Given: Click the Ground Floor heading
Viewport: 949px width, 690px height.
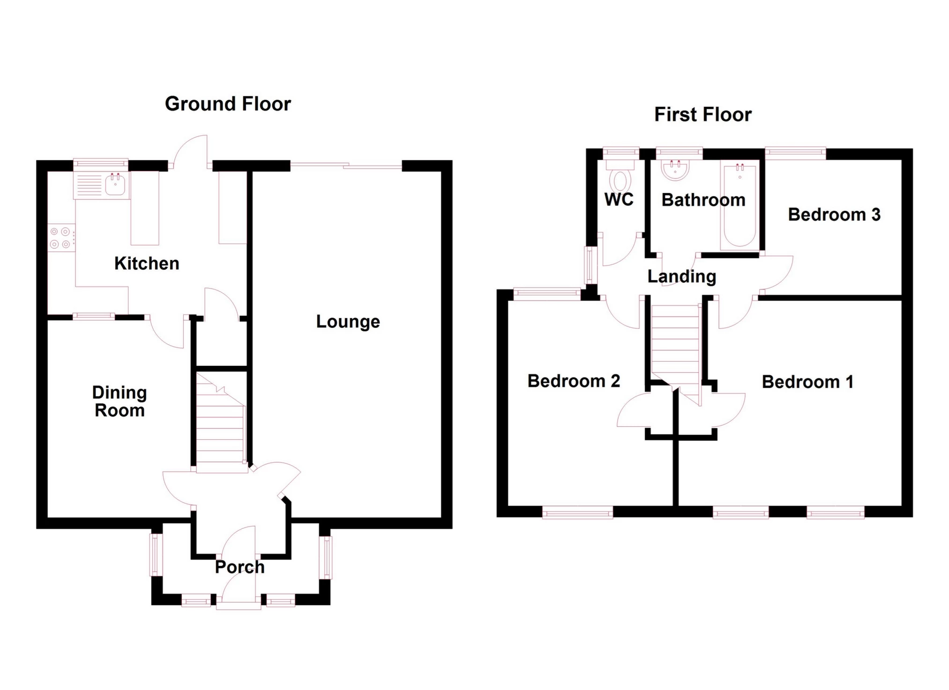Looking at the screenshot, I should tap(228, 104).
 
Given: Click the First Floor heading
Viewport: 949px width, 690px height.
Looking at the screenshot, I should tap(702, 115).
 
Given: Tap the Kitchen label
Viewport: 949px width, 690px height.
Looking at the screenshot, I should tap(147, 264).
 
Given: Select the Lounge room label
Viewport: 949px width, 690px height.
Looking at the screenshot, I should tap(348, 322).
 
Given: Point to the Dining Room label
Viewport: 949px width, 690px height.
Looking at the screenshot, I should tap(120, 401).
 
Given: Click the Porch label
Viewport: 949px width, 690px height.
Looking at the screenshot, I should tap(239, 567).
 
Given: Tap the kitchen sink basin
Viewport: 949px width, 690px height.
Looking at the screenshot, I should tap(115, 184).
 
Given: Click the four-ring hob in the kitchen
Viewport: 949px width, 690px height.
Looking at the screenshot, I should tap(60, 237).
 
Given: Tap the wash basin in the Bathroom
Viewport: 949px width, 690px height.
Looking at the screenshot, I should tap(675, 170).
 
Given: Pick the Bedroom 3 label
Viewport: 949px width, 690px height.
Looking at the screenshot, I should tap(834, 215).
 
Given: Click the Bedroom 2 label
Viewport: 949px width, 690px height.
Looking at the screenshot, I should tap(574, 381).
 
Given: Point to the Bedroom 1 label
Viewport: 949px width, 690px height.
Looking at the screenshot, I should tap(807, 382).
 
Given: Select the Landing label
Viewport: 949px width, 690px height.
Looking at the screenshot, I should tap(681, 277).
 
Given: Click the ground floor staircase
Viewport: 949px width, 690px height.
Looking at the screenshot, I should tap(220, 424).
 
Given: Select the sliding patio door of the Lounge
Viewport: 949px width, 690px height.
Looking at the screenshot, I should tap(346, 165).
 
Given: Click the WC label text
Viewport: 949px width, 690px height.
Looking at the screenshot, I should tap(619, 200).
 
